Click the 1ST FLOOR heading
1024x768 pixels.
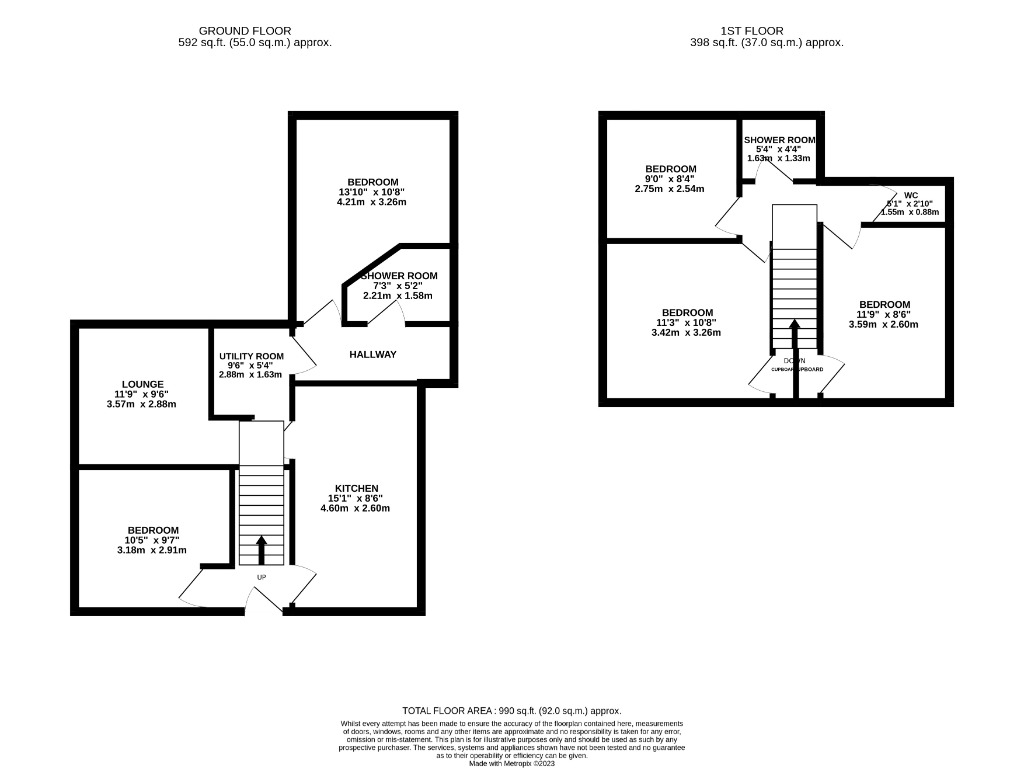coord(766,31)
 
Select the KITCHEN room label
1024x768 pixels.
coord(356,488)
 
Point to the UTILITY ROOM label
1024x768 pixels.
coord(251,356)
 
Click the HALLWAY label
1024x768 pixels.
coord(373,355)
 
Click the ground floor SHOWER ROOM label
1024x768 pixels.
coord(399,276)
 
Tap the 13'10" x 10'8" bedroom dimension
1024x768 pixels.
coord(372,192)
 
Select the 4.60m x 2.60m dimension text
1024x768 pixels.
coord(354,509)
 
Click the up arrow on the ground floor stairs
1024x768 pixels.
coord(262,549)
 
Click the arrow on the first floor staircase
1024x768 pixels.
coord(795,336)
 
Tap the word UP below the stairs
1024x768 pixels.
coord(262,578)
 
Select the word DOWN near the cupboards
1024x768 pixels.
coord(795,360)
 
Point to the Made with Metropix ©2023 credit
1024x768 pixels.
coord(511,763)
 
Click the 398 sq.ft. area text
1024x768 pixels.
coord(766,43)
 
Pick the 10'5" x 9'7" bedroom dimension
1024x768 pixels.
coord(152,540)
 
